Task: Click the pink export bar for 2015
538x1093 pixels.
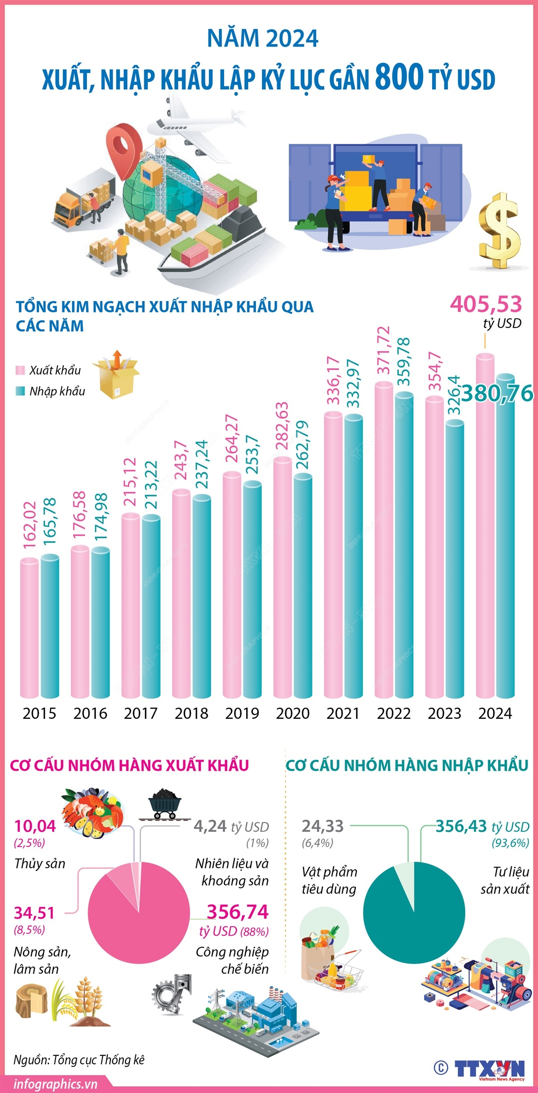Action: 30,627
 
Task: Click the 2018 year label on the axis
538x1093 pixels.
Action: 191,713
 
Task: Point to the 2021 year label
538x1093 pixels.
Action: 343,713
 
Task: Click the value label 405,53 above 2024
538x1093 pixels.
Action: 486,304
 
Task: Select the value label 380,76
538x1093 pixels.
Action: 498,393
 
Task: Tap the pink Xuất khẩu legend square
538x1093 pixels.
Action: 20,370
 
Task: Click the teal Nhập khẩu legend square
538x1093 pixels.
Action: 20,391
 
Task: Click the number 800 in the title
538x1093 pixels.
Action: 399,77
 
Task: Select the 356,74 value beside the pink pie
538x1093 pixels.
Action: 238,912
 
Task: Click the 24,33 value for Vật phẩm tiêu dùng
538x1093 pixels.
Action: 322,826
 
